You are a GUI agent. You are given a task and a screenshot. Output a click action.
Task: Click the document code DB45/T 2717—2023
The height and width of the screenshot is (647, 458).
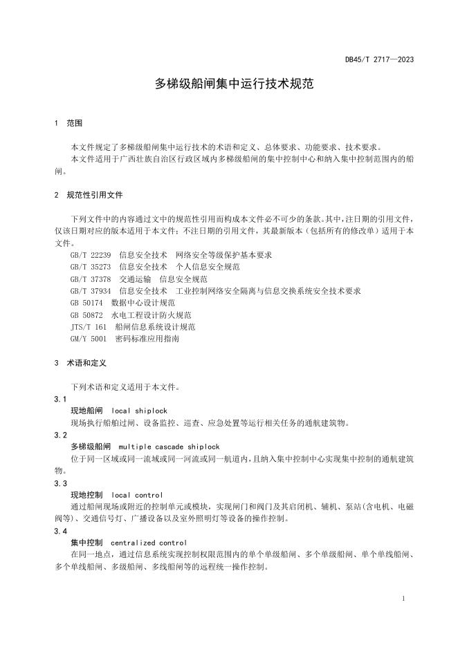click(379, 59)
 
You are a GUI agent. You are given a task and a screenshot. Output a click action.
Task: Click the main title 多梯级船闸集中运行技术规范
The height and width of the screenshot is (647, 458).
click(228, 84)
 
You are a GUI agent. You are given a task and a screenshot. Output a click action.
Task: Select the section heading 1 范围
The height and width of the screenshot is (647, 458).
click(68, 123)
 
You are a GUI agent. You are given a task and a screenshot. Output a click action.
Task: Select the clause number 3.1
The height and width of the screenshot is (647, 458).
click(60, 399)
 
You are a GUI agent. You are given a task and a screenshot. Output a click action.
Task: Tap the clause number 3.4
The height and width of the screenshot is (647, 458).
click(60, 531)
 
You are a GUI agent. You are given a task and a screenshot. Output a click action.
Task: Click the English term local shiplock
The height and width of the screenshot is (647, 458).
click(139, 411)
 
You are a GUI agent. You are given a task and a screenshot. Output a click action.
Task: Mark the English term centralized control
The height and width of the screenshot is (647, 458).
click(149, 543)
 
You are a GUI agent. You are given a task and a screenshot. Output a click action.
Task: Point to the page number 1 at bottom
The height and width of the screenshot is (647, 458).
click(403, 598)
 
